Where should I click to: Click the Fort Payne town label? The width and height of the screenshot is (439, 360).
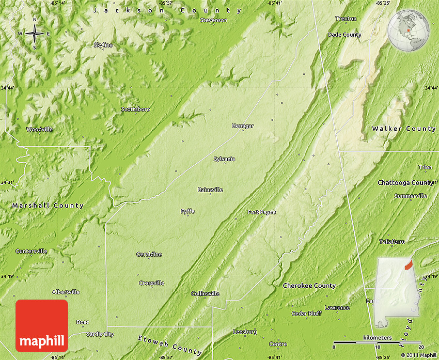(x=261, y=212)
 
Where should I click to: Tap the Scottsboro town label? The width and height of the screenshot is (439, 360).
(x=135, y=109)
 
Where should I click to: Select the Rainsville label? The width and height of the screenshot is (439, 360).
(x=210, y=190)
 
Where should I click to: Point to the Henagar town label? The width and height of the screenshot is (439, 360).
(x=243, y=126)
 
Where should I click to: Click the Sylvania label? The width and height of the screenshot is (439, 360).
(x=224, y=159)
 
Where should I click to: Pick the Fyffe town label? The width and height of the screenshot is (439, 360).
(x=188, y=211)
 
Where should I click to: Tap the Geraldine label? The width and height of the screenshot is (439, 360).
(x=149, y=254)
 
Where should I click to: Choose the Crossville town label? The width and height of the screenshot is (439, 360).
(x=152, y=283)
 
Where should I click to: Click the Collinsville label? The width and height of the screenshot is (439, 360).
(x=205, y=293)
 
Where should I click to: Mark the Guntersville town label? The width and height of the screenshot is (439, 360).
(x=32, y=251)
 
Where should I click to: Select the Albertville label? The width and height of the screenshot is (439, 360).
(x=66, y=292)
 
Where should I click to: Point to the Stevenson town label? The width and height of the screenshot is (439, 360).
(x=213, y=20)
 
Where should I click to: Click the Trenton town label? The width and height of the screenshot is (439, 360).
(x=346, y=19)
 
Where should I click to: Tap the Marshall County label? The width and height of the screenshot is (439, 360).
(x=48, y=206)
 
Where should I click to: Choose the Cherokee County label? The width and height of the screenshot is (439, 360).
(x=309, y=286)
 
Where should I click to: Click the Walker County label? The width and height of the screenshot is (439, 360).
(x=404, y=129)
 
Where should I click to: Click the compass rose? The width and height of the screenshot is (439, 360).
(x=35, y=34)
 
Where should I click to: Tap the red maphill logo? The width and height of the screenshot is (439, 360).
(x=42, y=325)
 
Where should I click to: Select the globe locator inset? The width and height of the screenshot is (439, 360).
(x=409, y=31)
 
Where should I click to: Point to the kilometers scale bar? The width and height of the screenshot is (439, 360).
(x=378, y=342)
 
